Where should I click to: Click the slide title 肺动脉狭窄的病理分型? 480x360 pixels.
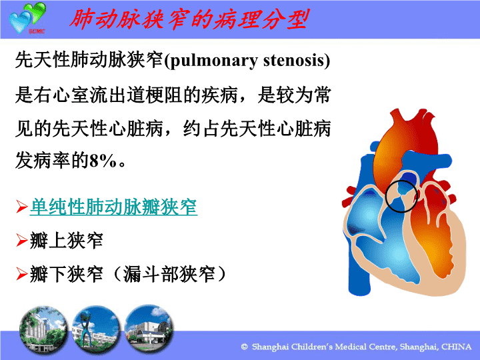tap(189, 19)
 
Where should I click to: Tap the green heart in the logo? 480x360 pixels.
tap(36, 11)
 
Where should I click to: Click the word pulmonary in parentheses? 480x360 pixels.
tap(213, 61)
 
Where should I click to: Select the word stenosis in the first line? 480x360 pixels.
tap(293, 60)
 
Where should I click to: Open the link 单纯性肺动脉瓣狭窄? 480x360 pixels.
tap(113, 207)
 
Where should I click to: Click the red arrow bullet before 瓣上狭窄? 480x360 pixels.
tap(22, 240)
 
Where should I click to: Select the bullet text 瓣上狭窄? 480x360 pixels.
tap(67, 240)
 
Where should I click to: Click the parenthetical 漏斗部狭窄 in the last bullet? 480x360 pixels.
tap(169, 274)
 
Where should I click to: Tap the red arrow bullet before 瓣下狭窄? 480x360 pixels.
tap(22, 274)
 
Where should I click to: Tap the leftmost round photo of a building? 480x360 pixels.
tap(43, 330)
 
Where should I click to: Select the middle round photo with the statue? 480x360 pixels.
tap(96, 329)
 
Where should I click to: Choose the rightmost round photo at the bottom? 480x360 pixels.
tap(149, 327)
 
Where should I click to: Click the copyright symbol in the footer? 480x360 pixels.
tap(244, 347)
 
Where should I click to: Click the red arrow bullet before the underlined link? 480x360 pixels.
tap(22, 207)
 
